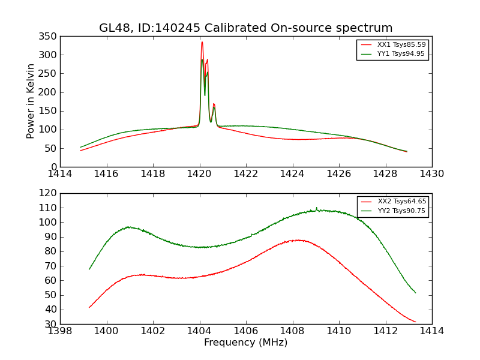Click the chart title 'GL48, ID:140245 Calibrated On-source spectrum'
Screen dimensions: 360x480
(246, 28)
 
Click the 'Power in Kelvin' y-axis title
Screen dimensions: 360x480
(31, 101)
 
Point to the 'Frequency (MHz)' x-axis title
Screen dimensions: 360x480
(246, 343)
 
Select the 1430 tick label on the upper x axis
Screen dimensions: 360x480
(431, 174)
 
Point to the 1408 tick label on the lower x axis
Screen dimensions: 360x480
(292, 331)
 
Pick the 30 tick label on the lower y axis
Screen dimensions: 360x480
(52, 324)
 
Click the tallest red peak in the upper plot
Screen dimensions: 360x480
(202, 42)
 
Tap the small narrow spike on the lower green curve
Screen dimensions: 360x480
(317, 208)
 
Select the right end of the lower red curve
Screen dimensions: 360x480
(415, 322)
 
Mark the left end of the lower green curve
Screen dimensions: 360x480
(89, 269)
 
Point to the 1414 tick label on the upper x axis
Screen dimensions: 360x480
(61, 174)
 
